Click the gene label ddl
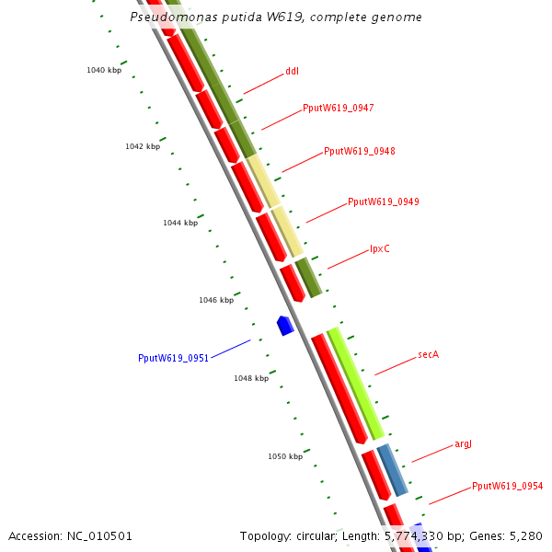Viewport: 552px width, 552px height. pos(292,71)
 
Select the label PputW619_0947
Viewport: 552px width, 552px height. pos(338,108)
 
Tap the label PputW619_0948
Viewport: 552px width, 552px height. pos(360,151)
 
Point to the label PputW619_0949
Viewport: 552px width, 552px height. pos(384,201)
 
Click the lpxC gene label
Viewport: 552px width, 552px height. pos(380,248)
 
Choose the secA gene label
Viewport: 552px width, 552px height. pos(428,354)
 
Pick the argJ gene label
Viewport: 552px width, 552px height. pos(463,443)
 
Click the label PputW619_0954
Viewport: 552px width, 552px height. pos(507,486)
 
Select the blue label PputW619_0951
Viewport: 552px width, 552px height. pos(173,358)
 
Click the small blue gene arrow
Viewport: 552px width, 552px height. pos(285,324)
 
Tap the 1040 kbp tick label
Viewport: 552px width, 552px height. pos(104,70)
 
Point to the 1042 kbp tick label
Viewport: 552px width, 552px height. pos(143,146)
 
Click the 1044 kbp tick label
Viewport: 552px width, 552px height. pos(180,223)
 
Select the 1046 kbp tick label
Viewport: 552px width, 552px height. pos(216,300)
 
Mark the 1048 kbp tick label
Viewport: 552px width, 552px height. pos(251,378)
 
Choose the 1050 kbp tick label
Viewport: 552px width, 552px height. pos(285,456)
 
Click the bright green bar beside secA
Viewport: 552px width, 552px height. pos(356,383)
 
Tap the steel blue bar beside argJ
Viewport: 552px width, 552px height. pos(393,469)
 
